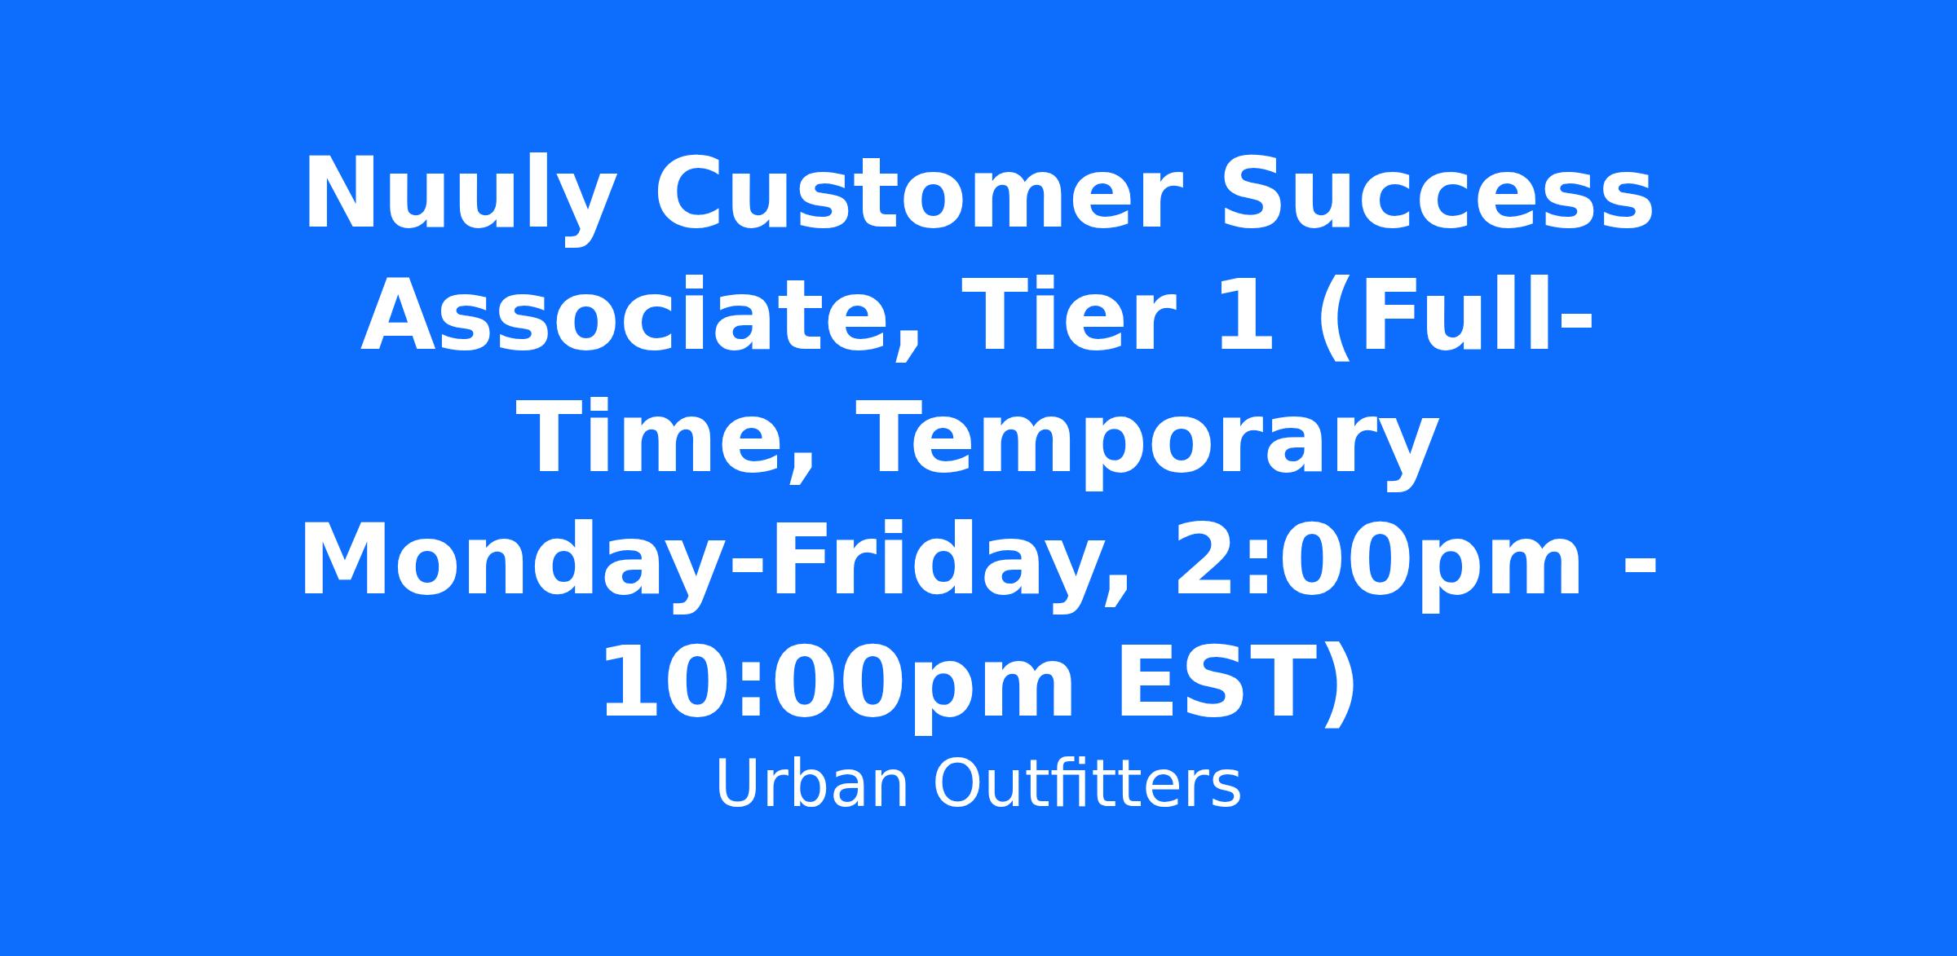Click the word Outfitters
point(1088,785)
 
